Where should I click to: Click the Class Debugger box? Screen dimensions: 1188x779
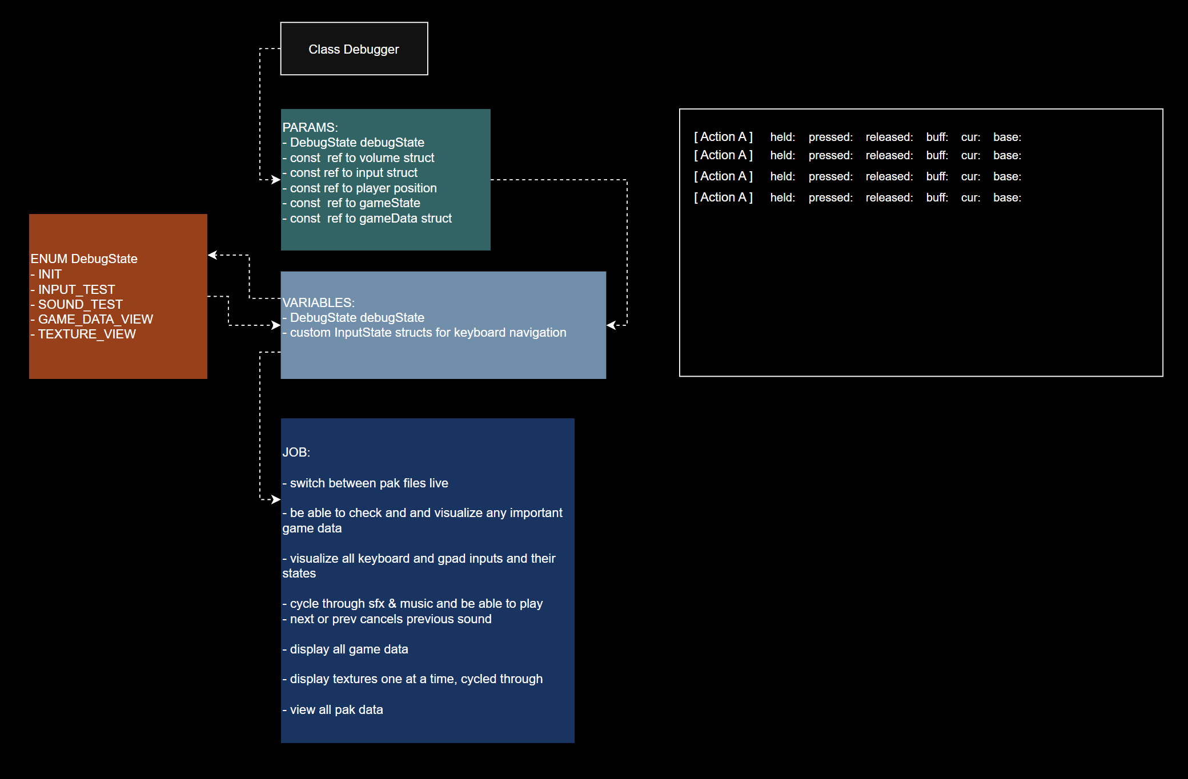click(354, 49)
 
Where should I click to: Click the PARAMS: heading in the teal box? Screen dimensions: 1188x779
click(310, 127)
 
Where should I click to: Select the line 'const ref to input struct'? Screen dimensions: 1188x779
click(350, 172)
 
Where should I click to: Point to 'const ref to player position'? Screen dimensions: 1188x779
click(360, 188)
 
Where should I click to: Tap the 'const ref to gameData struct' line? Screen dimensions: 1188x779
click(367, 218)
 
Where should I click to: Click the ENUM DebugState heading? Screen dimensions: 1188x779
click(84, 259)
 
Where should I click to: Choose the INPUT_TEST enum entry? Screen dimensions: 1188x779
click(73, 289)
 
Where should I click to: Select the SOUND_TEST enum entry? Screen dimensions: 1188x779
click(77, 304)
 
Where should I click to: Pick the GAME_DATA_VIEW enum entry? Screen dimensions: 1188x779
click(92, 319)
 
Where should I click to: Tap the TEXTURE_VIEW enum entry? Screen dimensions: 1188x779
click(83, 334)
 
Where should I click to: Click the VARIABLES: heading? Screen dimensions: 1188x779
click(319, 302)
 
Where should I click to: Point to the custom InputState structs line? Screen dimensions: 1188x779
click(424, 332)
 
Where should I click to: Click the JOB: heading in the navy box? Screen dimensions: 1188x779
click(296, 452)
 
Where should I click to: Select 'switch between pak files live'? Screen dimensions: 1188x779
click(366, 483)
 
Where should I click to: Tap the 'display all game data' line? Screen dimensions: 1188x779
click(346, 649)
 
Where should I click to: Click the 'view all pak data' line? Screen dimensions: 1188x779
click(333, 709)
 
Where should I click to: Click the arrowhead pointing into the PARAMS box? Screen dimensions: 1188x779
click(276, 180)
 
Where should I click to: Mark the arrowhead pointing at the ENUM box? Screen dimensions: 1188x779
click(212, 255)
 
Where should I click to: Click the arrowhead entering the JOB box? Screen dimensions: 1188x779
click(276, 499)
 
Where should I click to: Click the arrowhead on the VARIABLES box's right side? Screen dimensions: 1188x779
click(611, 325)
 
